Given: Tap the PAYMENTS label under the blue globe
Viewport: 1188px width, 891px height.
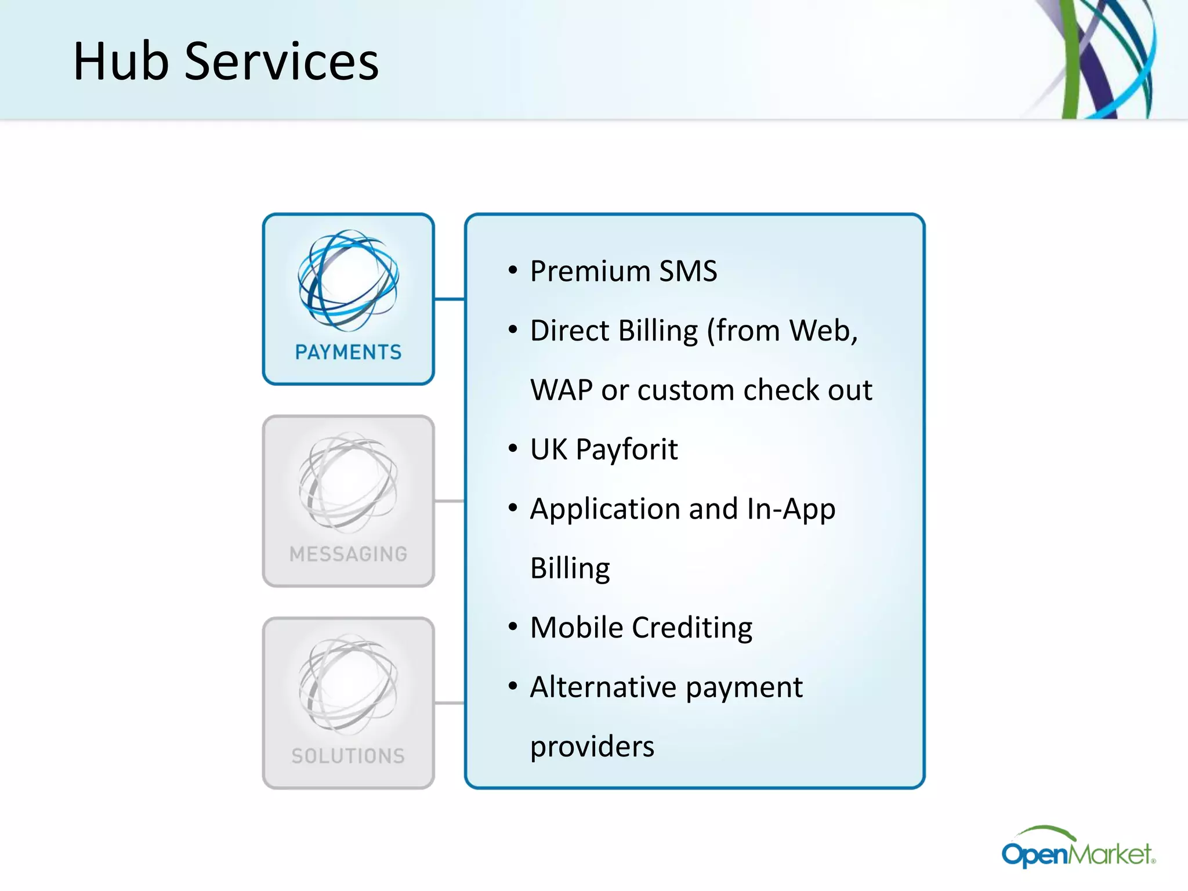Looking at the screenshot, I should pos(348,352).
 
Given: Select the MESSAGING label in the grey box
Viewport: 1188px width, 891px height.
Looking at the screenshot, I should pos(348,554).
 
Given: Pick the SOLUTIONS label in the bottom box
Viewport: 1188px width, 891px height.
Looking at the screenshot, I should pos(348,756).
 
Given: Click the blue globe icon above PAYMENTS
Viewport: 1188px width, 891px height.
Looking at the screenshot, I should pos(348,280).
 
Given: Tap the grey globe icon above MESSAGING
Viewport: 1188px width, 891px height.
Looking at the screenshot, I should pos(348,482).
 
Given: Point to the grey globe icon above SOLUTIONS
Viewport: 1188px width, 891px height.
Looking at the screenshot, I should pos(348,684).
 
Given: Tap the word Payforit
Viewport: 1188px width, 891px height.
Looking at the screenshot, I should pos(626,450).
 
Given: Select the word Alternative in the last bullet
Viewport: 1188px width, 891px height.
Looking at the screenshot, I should pos(603,687).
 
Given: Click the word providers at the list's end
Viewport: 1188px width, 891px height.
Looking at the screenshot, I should pos(592,747).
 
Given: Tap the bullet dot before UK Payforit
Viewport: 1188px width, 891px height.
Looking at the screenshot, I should pos(512,448).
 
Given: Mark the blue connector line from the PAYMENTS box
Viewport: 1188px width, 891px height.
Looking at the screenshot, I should pos(450,299).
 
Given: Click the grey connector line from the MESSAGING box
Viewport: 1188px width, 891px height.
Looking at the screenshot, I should pos(450,501).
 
